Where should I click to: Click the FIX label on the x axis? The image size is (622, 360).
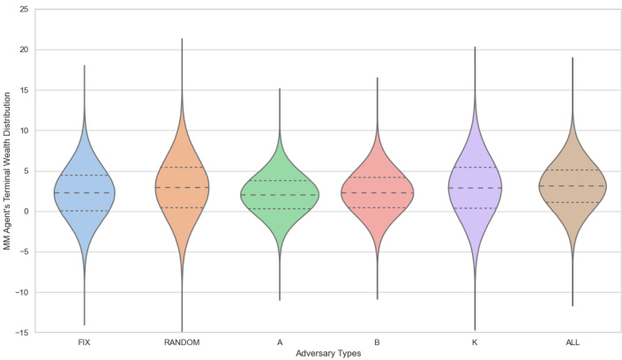[x=85, y=342]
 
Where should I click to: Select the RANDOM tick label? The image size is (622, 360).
[x=182, y=342]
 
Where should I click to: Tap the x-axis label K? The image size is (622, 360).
[x=475, y=342]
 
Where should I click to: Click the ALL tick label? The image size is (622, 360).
[x=572, y=342]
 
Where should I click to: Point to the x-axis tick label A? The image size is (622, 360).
[x=279, y=342]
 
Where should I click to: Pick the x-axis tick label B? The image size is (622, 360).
[x=377, y=342]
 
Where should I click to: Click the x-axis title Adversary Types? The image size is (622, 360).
[x=328, y=353]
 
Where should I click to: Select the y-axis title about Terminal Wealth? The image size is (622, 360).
[x=8, y=171]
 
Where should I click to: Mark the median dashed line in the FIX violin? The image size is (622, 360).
[x=85, y=192]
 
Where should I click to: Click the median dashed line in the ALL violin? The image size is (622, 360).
[x=572, y=185]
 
